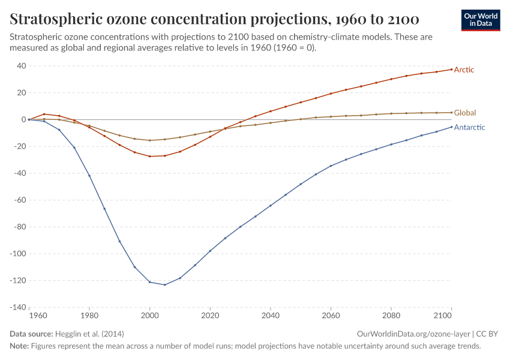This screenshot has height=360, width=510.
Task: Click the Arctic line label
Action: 464,70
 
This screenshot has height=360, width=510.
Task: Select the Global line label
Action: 464,113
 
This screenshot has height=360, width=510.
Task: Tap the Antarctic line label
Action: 469,127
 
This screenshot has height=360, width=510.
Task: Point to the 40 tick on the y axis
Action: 21,66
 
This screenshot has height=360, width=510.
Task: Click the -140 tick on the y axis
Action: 18,307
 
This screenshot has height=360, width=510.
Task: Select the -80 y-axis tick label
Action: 20,227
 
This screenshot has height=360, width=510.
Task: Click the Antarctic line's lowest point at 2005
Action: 165,284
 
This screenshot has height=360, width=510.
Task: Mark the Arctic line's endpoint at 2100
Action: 451,70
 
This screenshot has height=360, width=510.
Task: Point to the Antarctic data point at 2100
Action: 451,127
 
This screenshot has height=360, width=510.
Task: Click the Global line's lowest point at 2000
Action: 150,140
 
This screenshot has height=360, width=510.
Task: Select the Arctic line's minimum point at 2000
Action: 150,156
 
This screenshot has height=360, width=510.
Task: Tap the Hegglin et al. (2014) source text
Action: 89,334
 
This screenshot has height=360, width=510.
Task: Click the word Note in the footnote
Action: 19,346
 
